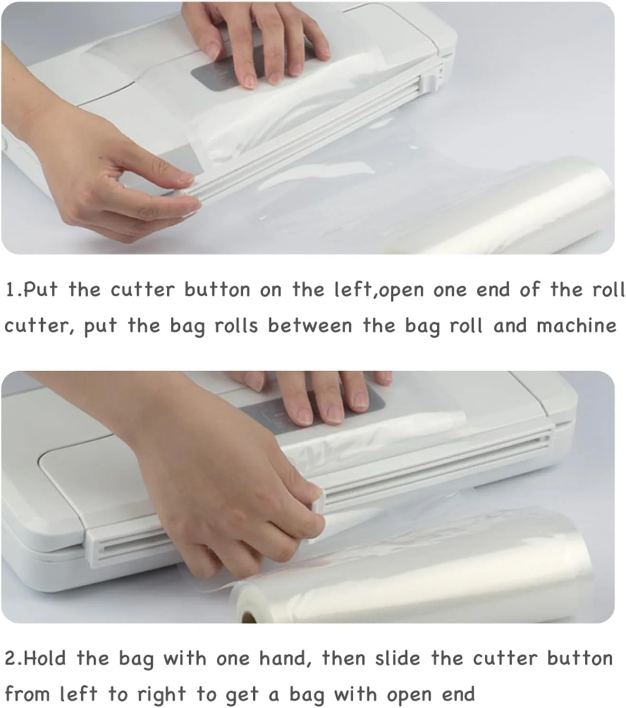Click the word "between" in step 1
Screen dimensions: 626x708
tap(310, 326)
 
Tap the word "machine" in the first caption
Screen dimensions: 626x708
tap(576, 326)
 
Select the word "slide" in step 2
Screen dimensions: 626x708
tap(397, 659)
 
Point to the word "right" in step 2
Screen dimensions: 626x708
tap(161, 695)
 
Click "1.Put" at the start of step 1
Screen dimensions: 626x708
tap(31, 290)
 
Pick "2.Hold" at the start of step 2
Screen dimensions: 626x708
tap(35, 659)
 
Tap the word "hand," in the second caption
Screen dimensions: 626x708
tap(285, 659)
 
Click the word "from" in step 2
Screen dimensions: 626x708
tap(27, 695)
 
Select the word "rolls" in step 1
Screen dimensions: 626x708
tap(236, 326)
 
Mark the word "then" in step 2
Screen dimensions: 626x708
tap(343, 659)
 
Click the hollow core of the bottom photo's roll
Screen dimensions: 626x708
tap(249, 617)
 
